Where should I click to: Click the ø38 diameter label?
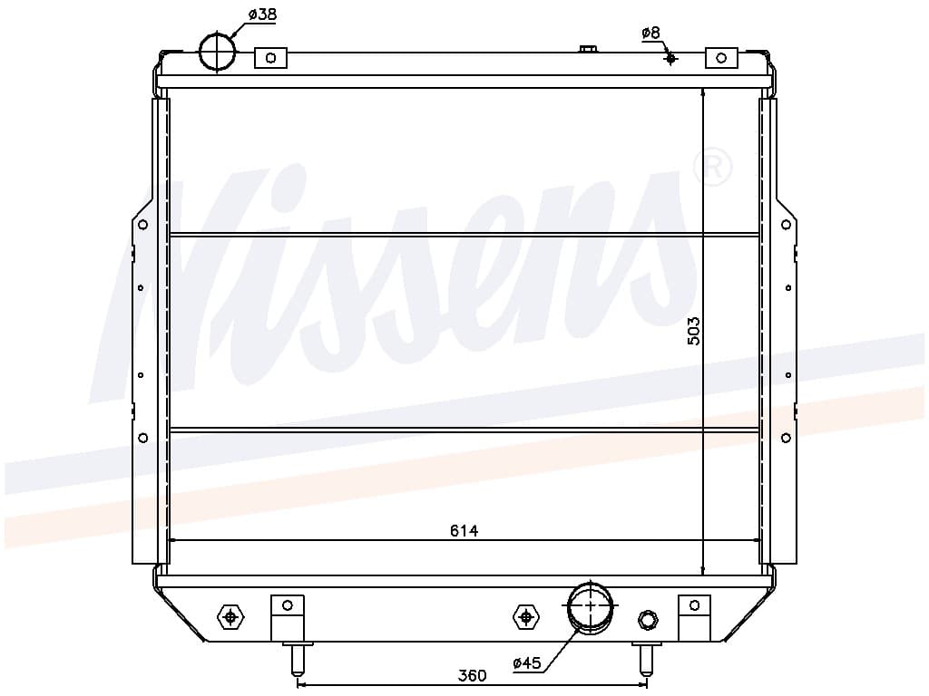pos(262,14)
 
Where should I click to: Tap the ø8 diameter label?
pos(650,34)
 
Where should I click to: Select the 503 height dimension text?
pos(694,332)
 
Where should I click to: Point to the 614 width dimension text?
pos(464,531)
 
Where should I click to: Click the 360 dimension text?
pos(472,675)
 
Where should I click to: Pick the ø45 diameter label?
pos(527,662)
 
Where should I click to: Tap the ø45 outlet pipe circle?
pos(590,605)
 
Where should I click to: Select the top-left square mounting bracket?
pos(270,58)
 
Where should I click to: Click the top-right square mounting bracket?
pos(721,58)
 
